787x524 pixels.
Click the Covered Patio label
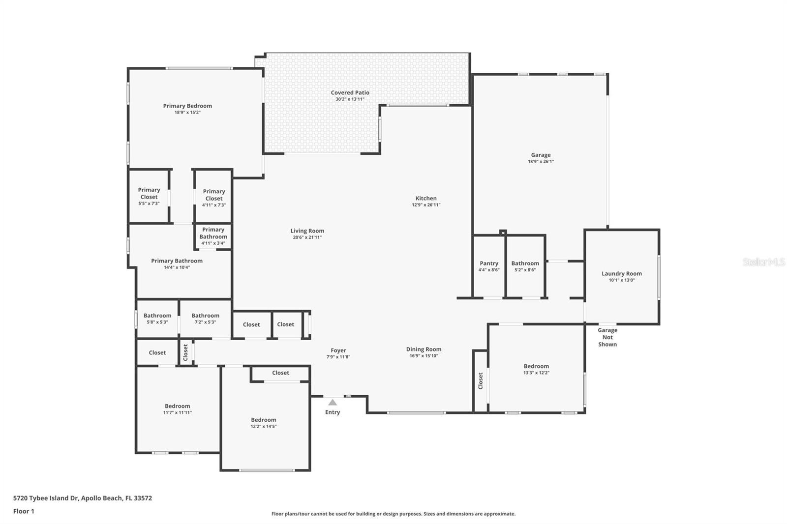pos(350,92)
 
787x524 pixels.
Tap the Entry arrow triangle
pos(333,403)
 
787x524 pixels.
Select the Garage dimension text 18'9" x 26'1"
pos(541,162)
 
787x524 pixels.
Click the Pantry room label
pos(488,263)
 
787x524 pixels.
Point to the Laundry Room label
pos(621,274)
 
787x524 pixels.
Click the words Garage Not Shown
pos(607,337)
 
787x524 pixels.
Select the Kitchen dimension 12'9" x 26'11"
pos(426,205)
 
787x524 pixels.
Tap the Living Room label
pos(307,231)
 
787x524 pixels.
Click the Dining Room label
pos(424,349)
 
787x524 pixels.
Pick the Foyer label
pos(338,350)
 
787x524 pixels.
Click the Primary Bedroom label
pos(187,106)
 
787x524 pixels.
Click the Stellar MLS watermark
pos(763,262)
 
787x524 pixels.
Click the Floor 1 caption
pos(24,511)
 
